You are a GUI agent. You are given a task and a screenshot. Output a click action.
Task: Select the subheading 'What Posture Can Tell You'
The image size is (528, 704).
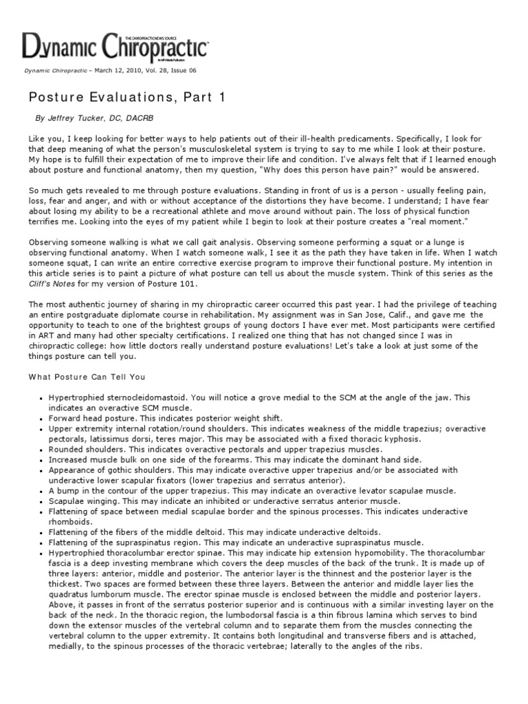pyautogui.click(x=86, y=377)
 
